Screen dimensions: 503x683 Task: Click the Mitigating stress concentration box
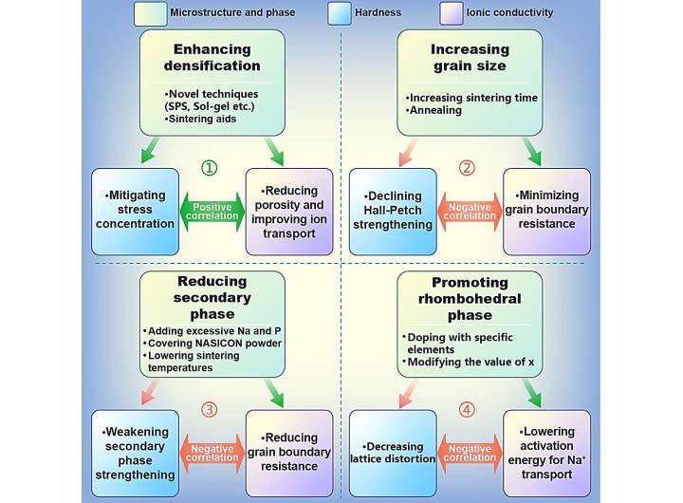coord(134,210)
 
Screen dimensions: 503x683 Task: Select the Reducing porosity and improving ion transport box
coord(288,211)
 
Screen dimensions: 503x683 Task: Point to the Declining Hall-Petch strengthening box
coord(392,210)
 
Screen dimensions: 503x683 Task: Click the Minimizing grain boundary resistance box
coord(546,210)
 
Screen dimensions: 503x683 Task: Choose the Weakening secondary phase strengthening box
coord(134,452)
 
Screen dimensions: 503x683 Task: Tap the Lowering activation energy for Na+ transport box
coord(546,452)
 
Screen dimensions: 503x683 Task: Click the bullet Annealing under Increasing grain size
coord(436,110)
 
